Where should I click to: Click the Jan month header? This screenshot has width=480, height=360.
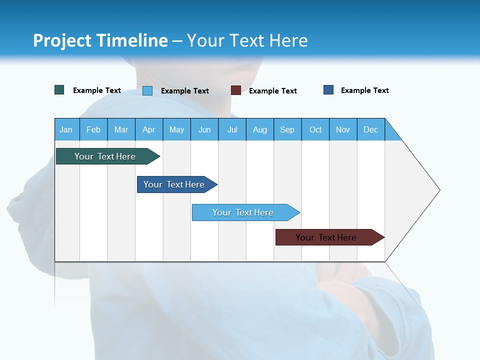point(66,129)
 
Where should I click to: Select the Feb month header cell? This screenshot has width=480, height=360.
point(93,129)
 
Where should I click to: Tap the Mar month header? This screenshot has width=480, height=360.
point(121,129)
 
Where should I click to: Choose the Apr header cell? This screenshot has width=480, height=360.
point(149,129)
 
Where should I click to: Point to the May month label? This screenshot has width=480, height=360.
point(176,129)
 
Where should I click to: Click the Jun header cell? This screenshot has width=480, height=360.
point(204,129)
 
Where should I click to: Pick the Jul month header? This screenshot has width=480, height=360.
point(232,129)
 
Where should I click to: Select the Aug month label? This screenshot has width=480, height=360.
point(260,129)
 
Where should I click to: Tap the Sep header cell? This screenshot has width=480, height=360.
point(287,129)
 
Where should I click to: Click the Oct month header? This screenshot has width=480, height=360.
point(315,129)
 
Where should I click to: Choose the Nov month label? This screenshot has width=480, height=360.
point(343,129)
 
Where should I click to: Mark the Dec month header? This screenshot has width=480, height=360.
point(371,129)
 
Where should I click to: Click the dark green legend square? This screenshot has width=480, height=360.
point(59,90)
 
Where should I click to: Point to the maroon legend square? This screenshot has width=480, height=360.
point(236,90)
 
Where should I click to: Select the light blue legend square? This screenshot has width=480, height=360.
point(147,90)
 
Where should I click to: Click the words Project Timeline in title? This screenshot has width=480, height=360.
point(100,40)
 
